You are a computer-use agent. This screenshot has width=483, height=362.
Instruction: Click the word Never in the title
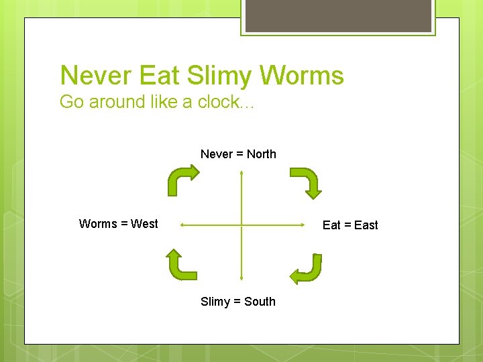(x=97, y=76)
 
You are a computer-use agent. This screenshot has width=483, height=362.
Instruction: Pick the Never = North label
(x=238, y=154)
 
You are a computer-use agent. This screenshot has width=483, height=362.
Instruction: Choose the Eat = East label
(x=350, y=225)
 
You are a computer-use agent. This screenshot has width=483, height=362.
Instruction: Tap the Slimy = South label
(x=238, y=302)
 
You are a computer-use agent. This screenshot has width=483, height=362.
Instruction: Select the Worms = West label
(x=119, y=224)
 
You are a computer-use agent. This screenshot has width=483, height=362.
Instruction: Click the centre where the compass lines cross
(x=241, y=225)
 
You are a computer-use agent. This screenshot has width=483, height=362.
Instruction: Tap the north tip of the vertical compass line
(x=241, y=171)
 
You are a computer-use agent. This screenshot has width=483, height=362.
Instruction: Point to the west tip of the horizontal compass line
(x=181, y=225)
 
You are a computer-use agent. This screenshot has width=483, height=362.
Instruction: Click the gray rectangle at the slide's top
(x=338, y=15)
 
